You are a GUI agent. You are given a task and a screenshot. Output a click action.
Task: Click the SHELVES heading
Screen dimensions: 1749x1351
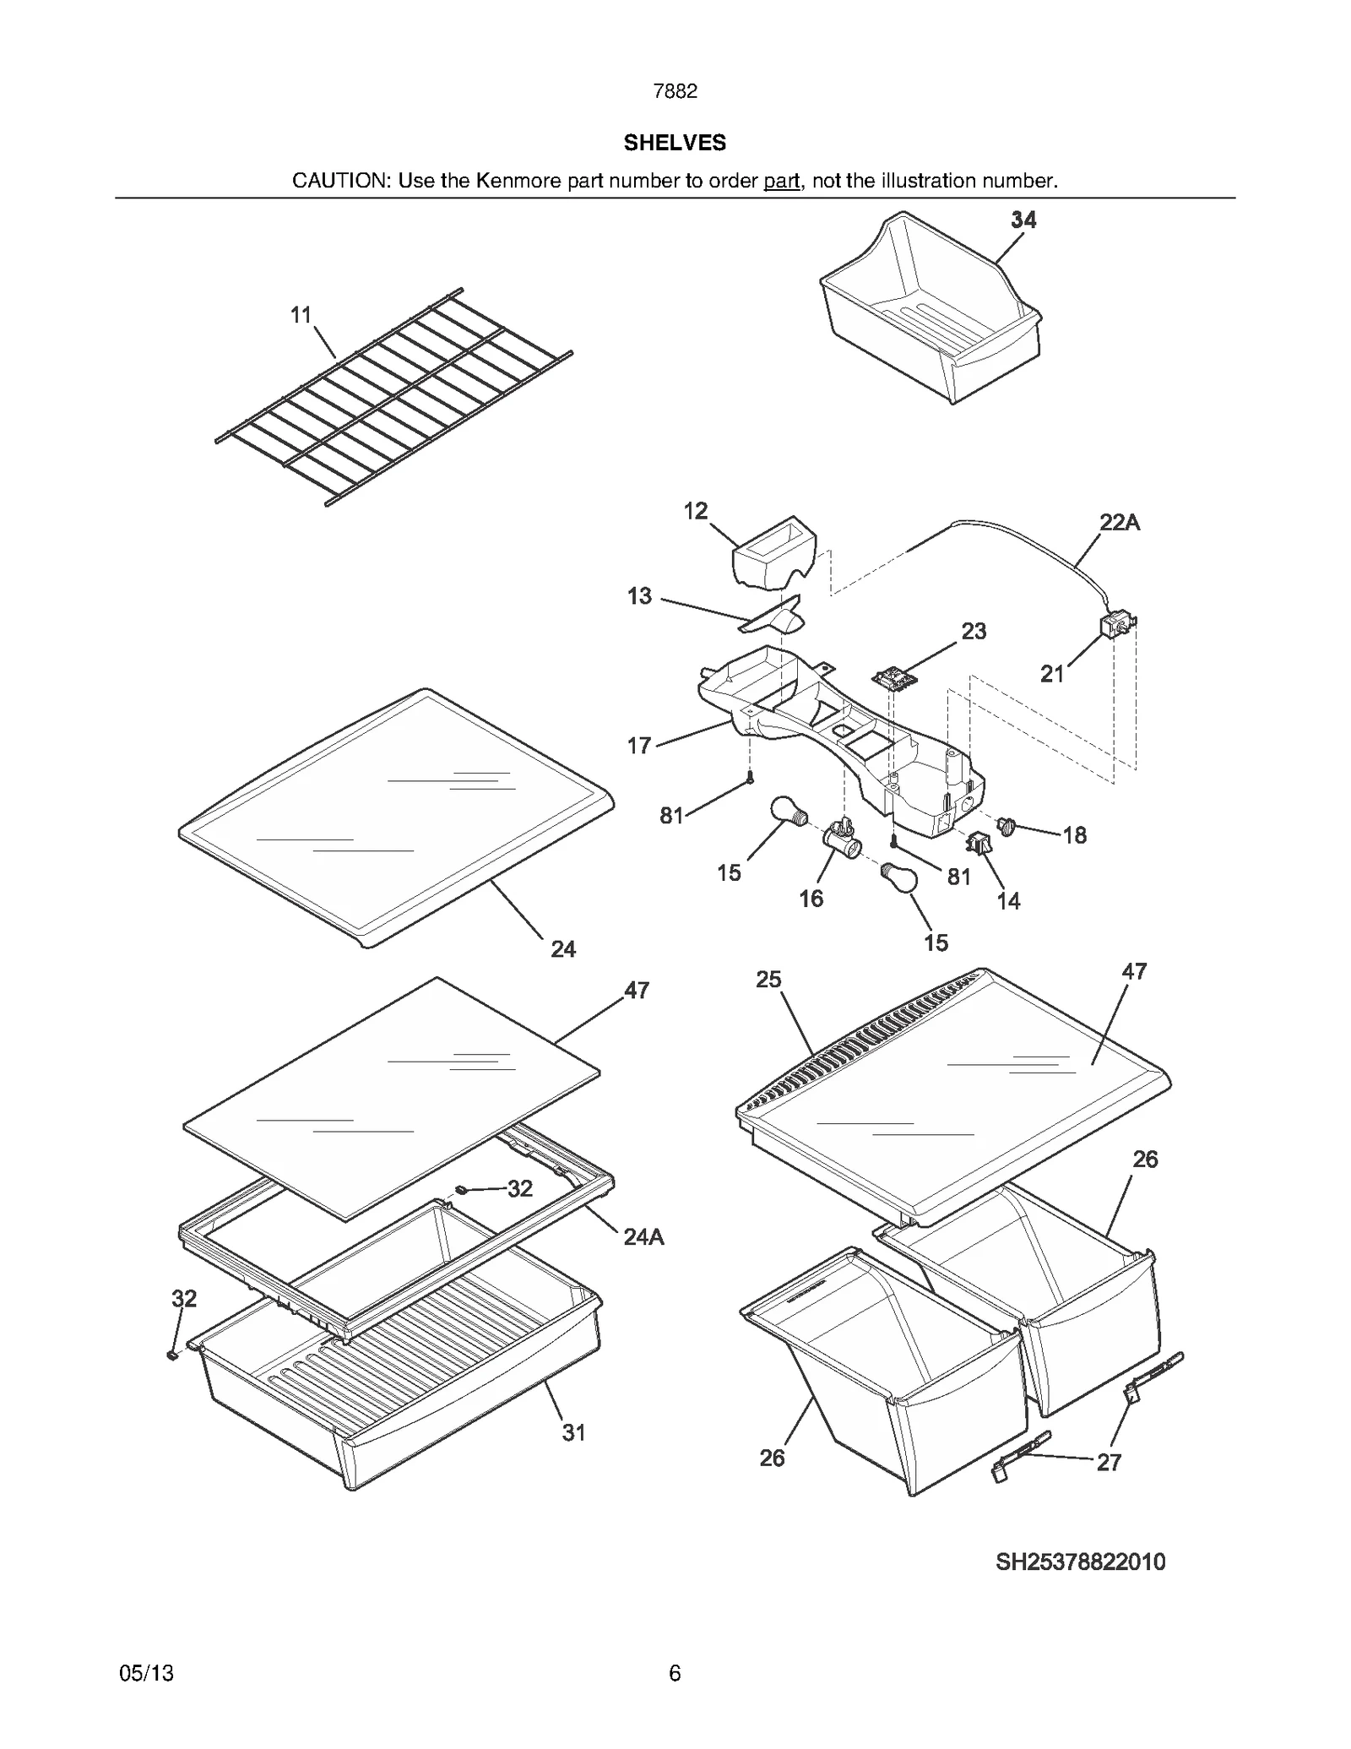click(675, 143)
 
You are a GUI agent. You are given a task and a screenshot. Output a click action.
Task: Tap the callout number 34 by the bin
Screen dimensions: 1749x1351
click(1023, 220)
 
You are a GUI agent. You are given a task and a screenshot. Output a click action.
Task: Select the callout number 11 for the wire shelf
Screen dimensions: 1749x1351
click(301, 315)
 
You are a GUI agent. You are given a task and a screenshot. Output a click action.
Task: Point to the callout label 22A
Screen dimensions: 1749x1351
click(1120, 523)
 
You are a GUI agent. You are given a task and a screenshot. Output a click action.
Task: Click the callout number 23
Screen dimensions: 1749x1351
click(974, 631)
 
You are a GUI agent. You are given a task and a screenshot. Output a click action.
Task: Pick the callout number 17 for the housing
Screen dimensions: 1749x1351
click(639, 745)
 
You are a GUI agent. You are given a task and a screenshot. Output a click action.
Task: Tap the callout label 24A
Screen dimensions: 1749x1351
click(643, 1237)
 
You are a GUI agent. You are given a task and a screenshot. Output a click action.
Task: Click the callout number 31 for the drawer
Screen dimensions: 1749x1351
click(573, 1432)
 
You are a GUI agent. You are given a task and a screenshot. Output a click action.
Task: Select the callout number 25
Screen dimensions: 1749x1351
click(768, 980)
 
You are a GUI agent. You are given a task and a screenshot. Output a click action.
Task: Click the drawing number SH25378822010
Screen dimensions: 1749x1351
click(1080, 1562)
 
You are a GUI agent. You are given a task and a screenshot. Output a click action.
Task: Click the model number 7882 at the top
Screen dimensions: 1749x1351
click(675, 91)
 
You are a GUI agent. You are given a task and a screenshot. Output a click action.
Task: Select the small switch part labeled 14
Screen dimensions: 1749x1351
click(979, 843)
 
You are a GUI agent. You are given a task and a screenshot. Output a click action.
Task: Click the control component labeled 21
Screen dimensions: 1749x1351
click(1116, 627)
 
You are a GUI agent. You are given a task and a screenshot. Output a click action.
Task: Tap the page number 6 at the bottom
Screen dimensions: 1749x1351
click(674, 1672)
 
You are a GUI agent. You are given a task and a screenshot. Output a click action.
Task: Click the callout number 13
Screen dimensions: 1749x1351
click(639, 596)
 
